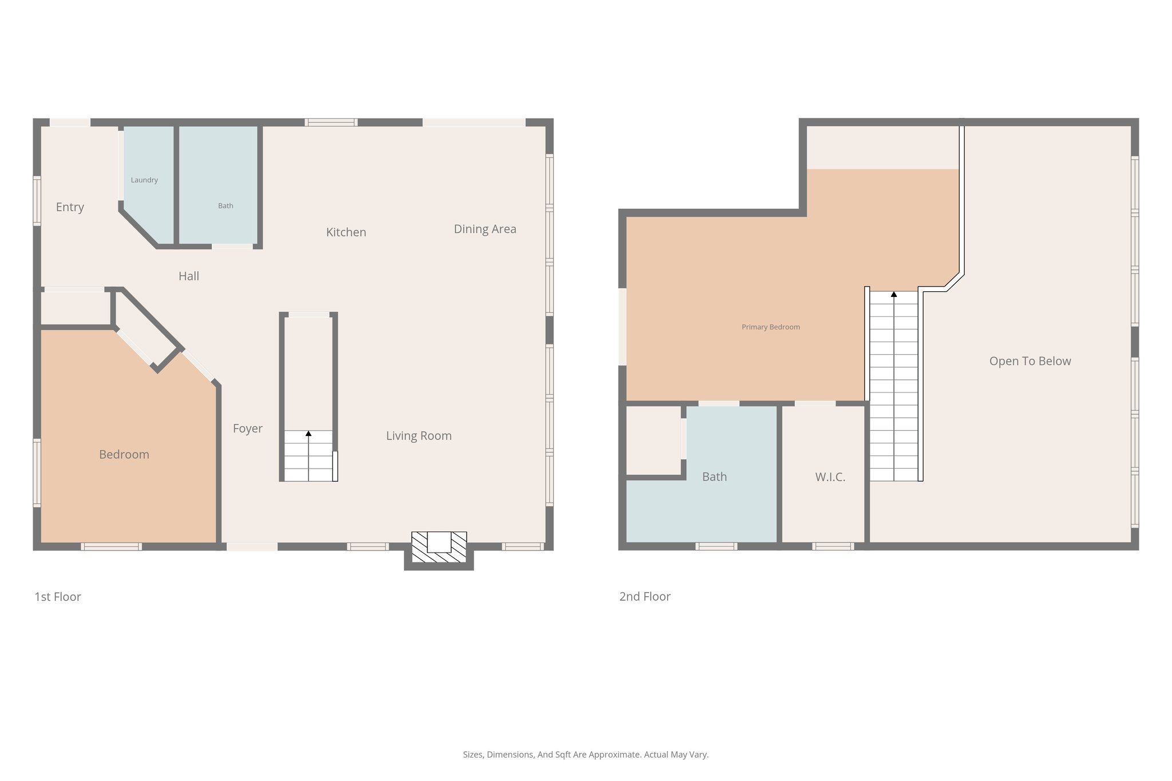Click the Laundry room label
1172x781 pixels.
click(x=144, y=180)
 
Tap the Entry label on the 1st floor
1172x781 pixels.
click(x=70, y=207)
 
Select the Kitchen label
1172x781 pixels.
click(x=346, y=232)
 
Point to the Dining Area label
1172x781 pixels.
click(x=485, y=229)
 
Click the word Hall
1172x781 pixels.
click(x=188, y=276)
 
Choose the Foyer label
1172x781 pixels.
click(x=247, y=429)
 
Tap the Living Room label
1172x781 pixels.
click(x=418, y=436)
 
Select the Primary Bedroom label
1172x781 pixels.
click(x=770, y=327)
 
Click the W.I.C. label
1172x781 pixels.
click(x=830, y=477)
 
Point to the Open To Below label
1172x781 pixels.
click(x=1030, y=361)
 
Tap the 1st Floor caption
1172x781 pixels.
click(x=58, y=597)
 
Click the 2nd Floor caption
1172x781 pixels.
click(x=644, y=597)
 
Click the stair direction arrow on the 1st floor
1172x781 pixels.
click(x=308, y=434)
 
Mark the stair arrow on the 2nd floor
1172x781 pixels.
click(x=894, y=295)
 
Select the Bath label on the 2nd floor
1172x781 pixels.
click(x=714, y=477)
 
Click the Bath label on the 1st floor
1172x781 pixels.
click(x=225, y=206)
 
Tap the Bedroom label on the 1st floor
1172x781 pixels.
click(x=124, y=455)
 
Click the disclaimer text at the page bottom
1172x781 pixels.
click(x=585, y=755)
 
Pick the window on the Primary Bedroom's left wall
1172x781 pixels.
click(x=623, y=327)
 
